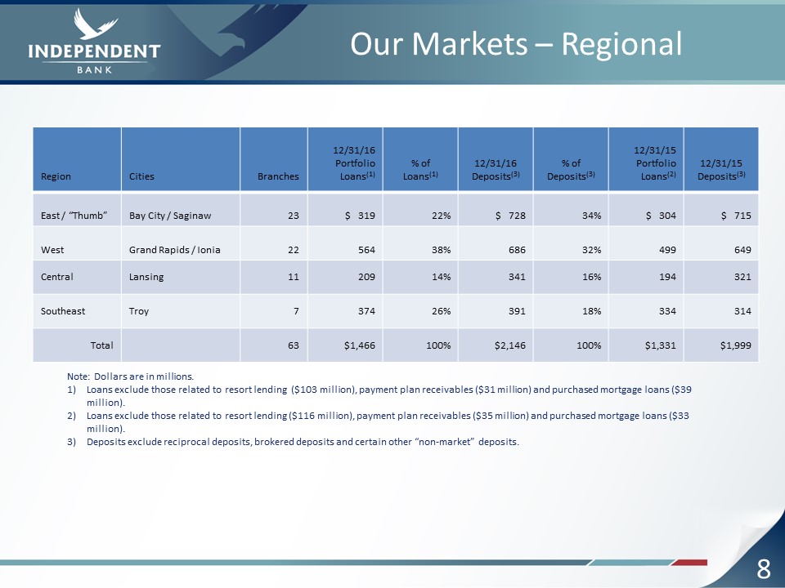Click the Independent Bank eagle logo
click(x=95, y=41)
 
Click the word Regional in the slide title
click(x=621, y=44)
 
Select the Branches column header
click(x=278, y=176)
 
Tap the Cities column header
click(x=141, y=176)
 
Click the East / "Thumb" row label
click(x=74, y=216)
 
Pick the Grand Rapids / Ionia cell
click(x=175, y=250)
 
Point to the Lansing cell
click(x=146, y=277)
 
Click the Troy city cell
click(x=139, y=311)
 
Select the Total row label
click(x=101, y=345)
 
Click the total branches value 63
click(x=294, y=345)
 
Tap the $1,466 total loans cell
click(x=360, y=345)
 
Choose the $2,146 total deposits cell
click(x=510, y=345)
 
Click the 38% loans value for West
click(x=441, y=250)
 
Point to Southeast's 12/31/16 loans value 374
click(x=366, y=311)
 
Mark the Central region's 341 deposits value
click(x=517, y=277)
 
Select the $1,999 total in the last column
click(x=735, y=345)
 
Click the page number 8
click(x=764, y=568)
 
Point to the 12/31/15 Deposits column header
click(x=721, y=170)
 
